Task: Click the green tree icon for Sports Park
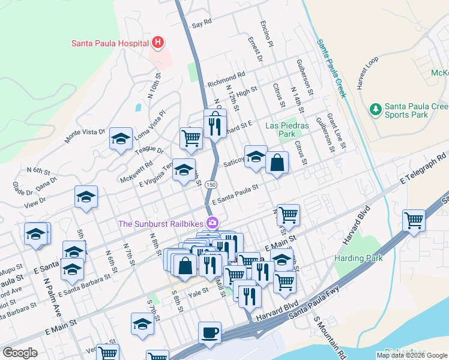coord(375,109)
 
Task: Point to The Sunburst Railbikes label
coord(161,224)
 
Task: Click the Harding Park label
coord(358,258)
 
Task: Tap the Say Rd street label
coord(202,23)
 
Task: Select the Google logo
coord(20,353)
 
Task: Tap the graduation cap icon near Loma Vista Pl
coord(121,139)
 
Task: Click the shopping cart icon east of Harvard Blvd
coord(414,220)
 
